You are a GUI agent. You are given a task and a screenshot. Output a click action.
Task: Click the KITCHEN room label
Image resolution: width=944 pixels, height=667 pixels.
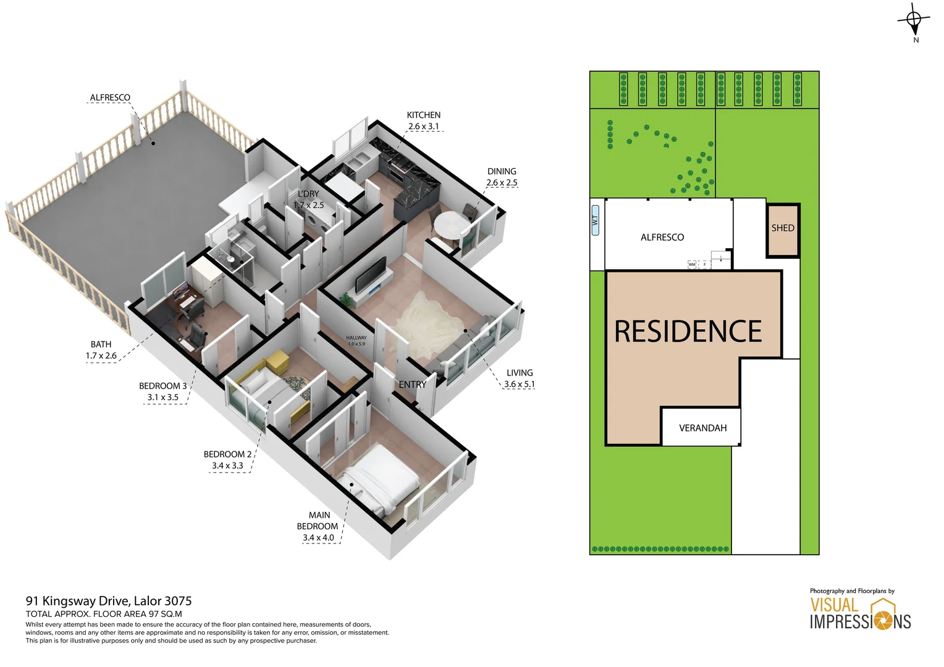pos(423,115)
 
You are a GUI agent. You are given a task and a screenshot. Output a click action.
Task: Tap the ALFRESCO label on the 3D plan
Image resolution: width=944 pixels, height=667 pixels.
pos(110,98)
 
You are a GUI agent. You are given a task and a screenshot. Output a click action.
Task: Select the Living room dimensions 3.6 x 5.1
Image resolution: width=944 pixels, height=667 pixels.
pos(519,384)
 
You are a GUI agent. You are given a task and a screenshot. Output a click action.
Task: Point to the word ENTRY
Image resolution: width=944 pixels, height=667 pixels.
pos(412,384)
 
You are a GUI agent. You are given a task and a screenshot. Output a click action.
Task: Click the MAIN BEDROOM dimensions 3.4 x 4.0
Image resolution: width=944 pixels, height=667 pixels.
pos(318,538)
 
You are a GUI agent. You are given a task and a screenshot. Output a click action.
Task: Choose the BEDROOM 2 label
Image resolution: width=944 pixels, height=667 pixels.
pos(227,454)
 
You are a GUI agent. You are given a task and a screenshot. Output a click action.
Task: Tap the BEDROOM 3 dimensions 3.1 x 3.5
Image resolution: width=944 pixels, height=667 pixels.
pos(162,397)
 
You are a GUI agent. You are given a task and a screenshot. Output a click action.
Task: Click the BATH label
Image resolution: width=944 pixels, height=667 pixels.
pos(101,344)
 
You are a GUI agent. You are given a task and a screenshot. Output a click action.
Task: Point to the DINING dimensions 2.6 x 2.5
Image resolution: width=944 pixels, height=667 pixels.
pos(502,183)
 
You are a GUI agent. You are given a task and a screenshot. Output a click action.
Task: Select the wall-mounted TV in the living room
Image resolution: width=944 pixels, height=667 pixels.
pos(371,275)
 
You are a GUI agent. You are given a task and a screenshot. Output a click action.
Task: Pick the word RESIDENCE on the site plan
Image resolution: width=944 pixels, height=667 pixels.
pos(688,332)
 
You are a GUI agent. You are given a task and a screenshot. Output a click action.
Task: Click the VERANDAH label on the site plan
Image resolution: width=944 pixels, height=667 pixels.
pos(702,428)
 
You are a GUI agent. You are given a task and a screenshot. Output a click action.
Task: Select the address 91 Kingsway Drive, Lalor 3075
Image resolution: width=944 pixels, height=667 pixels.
pos(109,601)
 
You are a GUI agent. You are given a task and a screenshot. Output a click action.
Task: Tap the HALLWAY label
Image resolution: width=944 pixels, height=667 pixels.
pos(356,338)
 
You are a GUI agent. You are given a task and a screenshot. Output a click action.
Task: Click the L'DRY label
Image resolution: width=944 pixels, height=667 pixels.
pos(308,194)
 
